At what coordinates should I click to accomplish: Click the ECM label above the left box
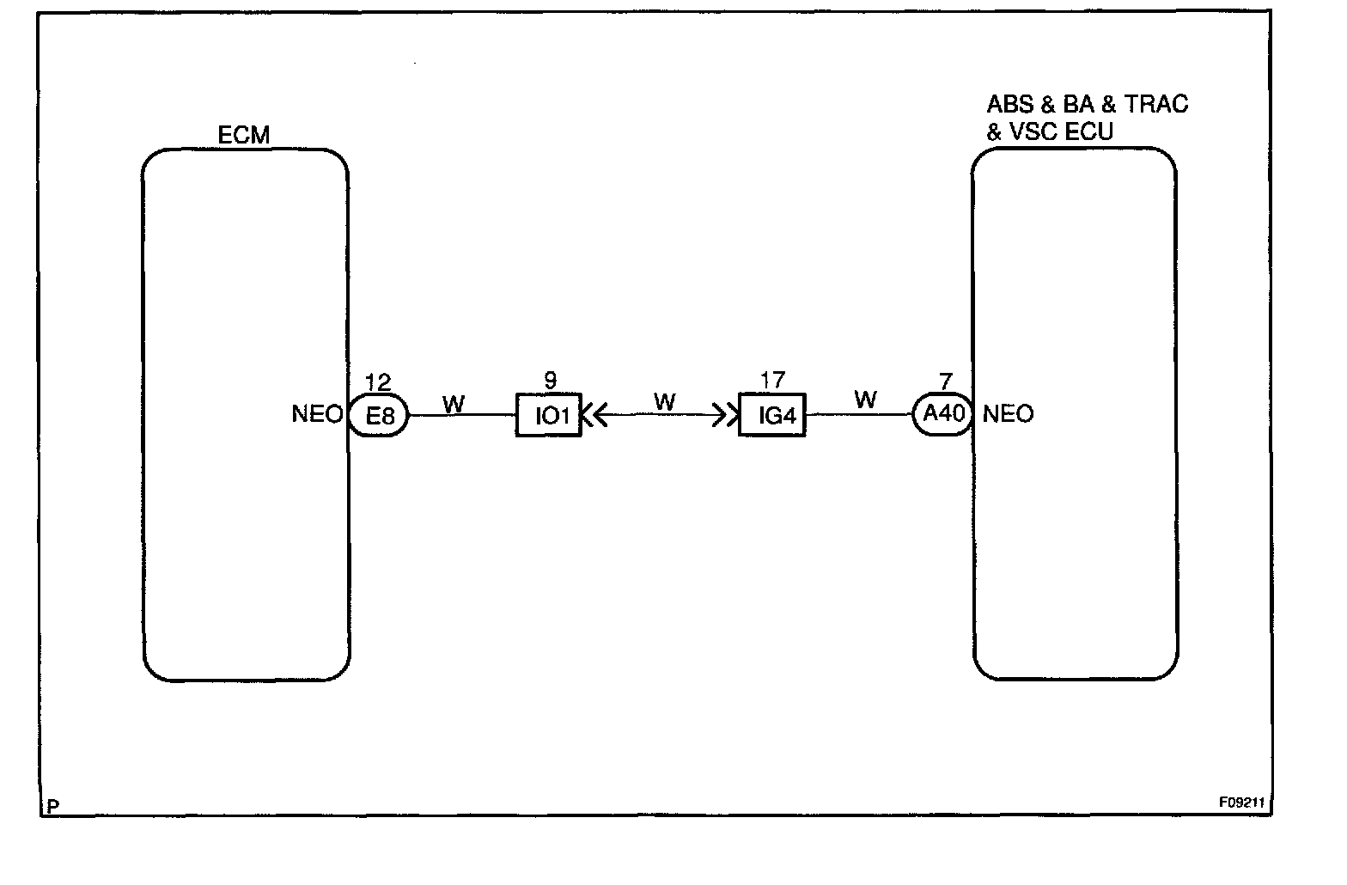(244, 135)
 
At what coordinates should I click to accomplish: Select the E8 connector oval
(379, 416)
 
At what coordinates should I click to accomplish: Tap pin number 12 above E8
(378, 382)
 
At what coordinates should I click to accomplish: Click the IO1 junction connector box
(549, 416)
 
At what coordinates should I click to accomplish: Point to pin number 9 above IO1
(550, 381)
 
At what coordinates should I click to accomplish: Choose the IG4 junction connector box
(772, 416)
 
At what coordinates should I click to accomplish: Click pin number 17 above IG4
(772, 381)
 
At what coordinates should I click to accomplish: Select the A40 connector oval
(943, 415)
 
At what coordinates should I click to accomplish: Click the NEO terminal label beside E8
(318, 414)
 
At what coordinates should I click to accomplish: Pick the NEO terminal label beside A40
(1008, 414)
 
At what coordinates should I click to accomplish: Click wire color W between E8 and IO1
(453, 404)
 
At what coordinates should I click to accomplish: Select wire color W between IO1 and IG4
(664, 401)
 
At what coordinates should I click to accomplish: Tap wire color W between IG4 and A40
(865, 400)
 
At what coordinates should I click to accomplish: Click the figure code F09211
(1241, 803)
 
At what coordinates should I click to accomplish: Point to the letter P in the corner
(53, 807)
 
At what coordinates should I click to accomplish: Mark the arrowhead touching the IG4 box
(731, 416)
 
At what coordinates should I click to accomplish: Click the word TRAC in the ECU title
(1156, 105)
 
